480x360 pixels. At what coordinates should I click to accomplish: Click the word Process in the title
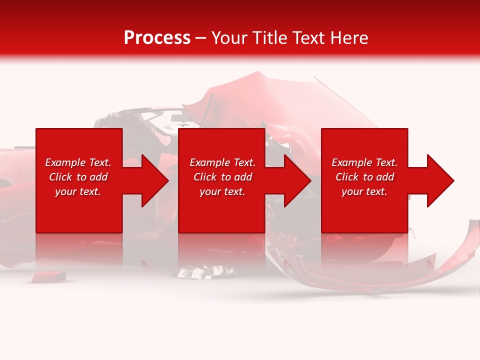[x=157, y=38]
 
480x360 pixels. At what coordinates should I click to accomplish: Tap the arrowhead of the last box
[x=439, y=180]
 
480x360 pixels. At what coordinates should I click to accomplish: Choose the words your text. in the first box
[x=78, y=191]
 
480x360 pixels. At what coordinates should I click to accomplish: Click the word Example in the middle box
[x=208, y=162]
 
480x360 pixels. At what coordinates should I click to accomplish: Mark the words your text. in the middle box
[x=222, y=191]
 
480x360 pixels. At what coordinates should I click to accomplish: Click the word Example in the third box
[x=350, y=162]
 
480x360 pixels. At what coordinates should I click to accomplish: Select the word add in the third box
[x=385, y=177]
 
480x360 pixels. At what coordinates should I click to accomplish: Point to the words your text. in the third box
[x=364, y=191]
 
